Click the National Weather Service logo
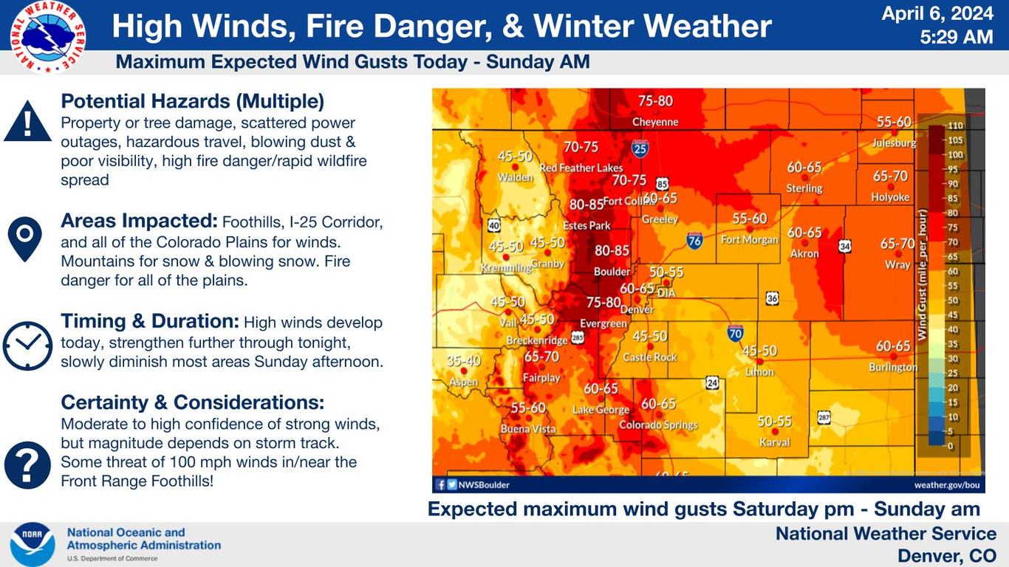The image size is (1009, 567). click(x=48, y=37)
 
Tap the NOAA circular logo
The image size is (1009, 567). click(x=33, y=544)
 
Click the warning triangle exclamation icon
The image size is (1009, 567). click(x=27, y=123)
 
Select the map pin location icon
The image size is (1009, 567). click(x=24, y=238)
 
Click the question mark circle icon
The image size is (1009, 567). click(x=27, y=464)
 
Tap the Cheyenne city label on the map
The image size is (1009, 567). click(x=655, y=122)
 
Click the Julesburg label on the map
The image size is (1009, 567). click(x=894, y=143)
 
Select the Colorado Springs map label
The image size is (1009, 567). click(x=658, y=425)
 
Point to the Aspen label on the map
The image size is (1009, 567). click(x=464, y=382)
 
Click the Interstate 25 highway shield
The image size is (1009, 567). click(x=640, y=150)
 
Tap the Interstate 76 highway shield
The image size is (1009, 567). click(x=694, y=240)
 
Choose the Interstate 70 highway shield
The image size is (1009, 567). click(x=736, y=333)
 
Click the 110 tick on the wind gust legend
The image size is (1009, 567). click(x=955, y=126)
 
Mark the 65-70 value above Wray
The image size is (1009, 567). click(x=897, y=243)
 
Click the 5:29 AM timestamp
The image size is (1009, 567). click(x=957, y=36)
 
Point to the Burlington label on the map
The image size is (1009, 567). click(x=892, y=368)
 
